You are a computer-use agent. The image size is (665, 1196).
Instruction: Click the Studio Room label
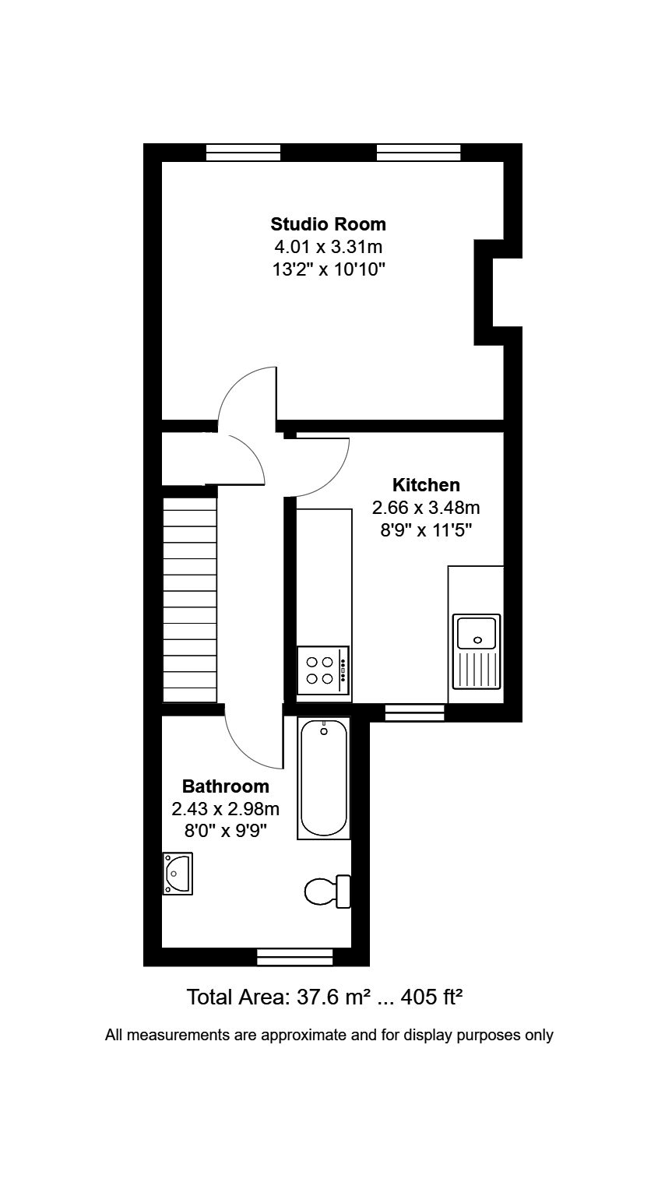click(328, 224)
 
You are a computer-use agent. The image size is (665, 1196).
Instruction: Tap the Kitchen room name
click(425, 485)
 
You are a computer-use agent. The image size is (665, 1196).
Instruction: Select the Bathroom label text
click(226, 786)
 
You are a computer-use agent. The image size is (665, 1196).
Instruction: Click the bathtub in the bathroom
click(324, 779)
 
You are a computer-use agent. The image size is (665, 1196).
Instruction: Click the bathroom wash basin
click(177, 874)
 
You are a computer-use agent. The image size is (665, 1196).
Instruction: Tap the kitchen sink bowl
click(477, 631)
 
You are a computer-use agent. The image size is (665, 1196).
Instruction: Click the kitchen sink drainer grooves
click(477, 670)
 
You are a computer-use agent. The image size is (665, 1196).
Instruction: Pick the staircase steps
click(189, 600)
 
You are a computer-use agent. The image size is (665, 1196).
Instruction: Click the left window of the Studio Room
click(243, 152)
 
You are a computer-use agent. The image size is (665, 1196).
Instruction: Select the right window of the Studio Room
click(418, 152)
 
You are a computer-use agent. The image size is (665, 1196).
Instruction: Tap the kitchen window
click(414, 712)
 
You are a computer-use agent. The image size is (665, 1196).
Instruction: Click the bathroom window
click(294, 956)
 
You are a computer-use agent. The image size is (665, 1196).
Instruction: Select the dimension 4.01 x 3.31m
click(328, 248)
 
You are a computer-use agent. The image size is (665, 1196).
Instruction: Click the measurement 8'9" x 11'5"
click(425, 531)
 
